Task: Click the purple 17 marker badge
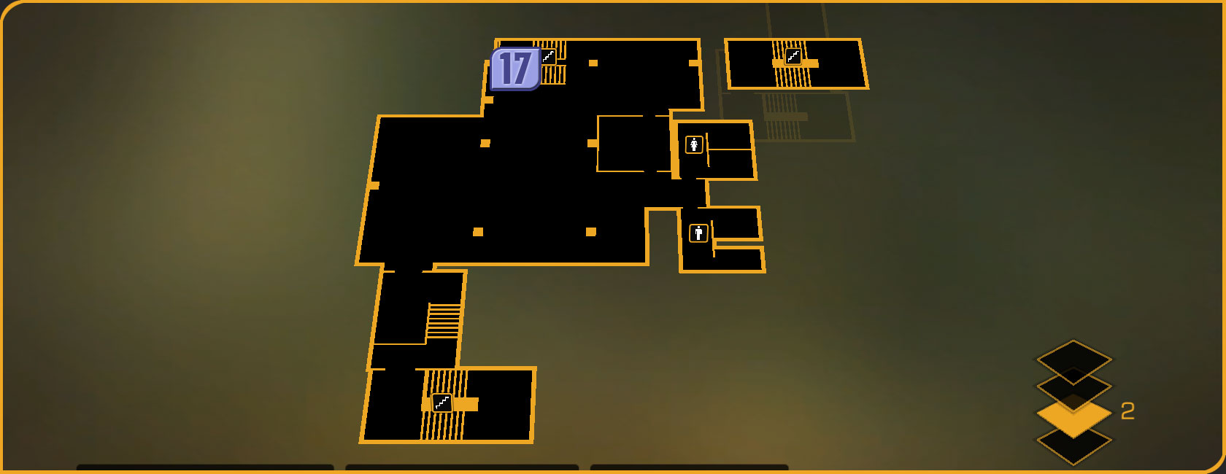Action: [x=515, y=69]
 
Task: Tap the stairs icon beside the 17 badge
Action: [x=548, y=57]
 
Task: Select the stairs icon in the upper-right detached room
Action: [x=793, y=56]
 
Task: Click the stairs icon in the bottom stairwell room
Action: [x=442, y=403]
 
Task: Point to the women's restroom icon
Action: [x=694, y=144]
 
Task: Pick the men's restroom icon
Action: [x=698, y=233]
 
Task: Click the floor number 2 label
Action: [x=1127, y=412]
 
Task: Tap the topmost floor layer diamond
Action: [x=1073, y=357]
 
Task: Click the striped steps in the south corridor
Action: [x=444, y=321]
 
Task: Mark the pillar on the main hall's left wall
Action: [x=374, y=185]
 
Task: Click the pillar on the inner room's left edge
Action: [x=593, y=144]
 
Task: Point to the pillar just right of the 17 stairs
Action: [x=593, y=63]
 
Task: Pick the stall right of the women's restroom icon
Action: [x=730, y=136]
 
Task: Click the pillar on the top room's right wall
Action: [x=694, y=63]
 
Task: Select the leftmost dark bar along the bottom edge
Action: [x=205, y=467]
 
